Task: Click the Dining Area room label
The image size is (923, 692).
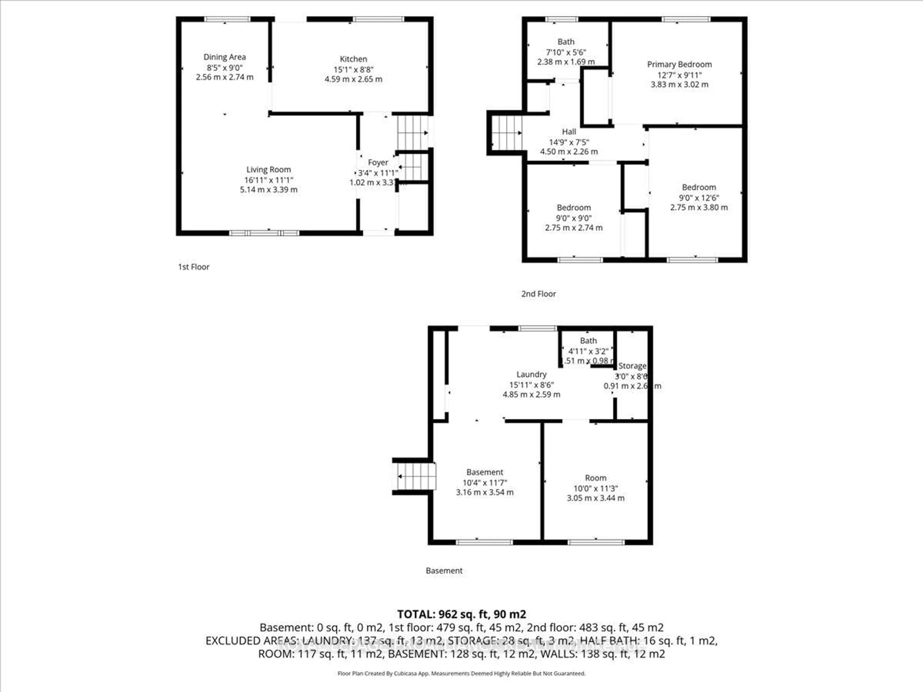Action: [225, 57]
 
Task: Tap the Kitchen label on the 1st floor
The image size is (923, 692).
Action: [353, 59]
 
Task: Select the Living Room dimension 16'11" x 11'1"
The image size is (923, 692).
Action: [269, 180]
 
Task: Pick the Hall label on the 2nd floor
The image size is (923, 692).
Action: [569, 132]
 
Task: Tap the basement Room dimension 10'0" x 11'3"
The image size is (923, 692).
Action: [595, 488]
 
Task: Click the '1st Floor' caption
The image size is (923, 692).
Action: [193, 267]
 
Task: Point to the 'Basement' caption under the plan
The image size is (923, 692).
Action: [444, 571]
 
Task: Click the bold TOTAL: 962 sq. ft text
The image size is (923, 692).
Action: [461, 614]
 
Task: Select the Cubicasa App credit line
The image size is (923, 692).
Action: [461, 673]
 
